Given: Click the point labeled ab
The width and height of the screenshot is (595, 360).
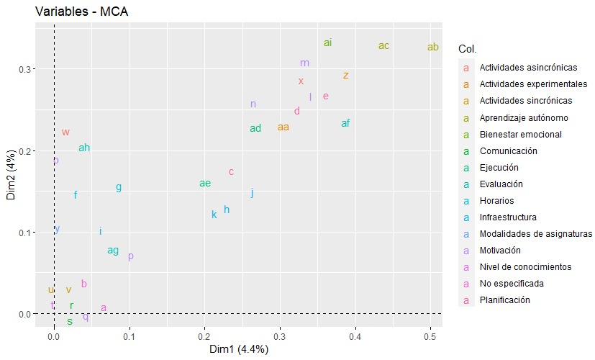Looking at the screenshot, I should click(x=432, y=48).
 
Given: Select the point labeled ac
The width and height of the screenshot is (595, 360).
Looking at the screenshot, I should click(x=383, y=46).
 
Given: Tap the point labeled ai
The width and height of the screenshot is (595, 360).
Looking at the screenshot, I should click(x=327, y=43).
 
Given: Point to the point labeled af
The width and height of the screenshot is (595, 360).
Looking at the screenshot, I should click(x=345, y=123).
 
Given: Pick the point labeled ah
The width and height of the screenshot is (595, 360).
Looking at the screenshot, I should click(x=84, y=148).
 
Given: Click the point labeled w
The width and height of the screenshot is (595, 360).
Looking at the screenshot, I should click(x=65, y=132).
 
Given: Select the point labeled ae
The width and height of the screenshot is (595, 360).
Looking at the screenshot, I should click(x=205, y=184).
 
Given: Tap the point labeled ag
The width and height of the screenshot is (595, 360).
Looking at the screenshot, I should click(x=113, y=251).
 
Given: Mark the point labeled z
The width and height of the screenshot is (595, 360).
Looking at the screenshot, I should click(x=346, y=75).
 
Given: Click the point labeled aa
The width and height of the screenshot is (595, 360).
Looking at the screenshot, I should click(x=283, y=127).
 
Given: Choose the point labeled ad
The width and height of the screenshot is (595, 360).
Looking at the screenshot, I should click(x=255, y=129).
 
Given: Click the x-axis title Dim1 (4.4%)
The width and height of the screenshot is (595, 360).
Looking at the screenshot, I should click(x=238, y=349).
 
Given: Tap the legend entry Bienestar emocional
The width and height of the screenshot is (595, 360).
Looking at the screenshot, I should click(x=521, y=135).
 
